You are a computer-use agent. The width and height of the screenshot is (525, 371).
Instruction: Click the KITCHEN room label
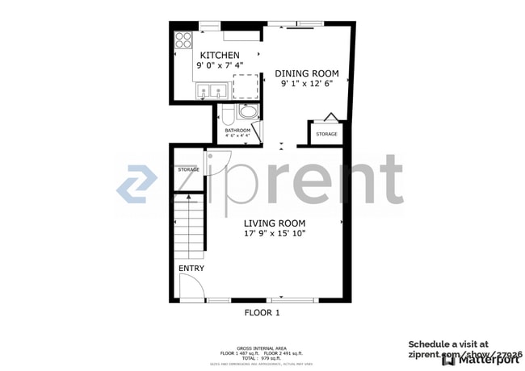pos(220,54)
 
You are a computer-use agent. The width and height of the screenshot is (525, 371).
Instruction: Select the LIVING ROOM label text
pos(275,223)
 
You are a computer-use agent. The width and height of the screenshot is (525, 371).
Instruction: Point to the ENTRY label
pos(191,269)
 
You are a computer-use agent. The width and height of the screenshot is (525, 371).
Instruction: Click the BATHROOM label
pos(237,130)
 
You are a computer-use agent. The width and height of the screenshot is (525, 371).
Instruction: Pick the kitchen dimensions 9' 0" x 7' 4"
pos(220,65)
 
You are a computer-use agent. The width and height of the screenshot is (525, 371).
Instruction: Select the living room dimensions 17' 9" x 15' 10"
pos(275,233)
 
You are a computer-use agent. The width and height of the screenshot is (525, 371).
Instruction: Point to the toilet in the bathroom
pos(229,113)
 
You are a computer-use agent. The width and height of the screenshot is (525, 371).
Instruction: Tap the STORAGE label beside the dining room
pos(326,134)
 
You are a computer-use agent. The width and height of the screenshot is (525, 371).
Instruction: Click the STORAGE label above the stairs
pos(188,169)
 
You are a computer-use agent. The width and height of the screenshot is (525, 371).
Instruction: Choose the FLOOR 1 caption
pos(262,313)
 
